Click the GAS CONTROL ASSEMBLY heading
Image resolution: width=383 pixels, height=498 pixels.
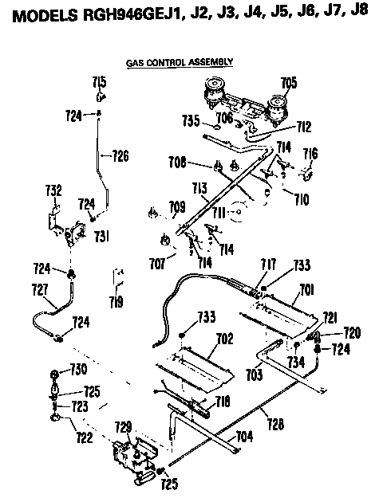180,61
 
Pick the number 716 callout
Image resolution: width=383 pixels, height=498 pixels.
310,152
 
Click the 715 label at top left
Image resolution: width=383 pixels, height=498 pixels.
99,82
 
